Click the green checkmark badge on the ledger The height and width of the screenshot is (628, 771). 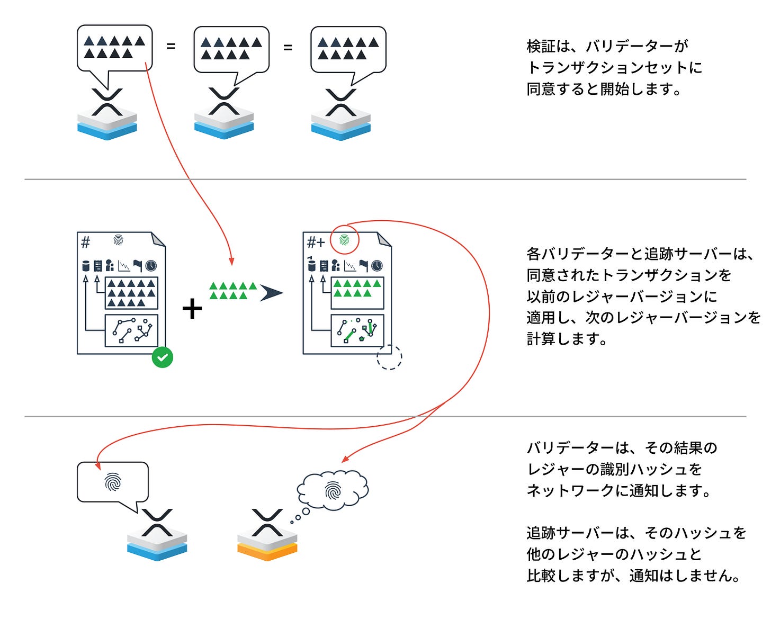(163, 357)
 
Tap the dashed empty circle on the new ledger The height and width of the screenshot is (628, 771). (389, 357)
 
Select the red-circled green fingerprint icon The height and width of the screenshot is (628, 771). (345, 241)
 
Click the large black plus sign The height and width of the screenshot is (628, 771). (192, 309)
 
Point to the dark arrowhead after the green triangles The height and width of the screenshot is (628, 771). (271, 293)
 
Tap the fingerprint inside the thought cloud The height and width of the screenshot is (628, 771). (333, 490)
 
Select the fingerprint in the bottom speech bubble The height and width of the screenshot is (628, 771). (113, 482)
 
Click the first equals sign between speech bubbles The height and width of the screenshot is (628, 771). (171, 47)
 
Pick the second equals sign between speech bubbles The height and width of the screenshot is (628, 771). (288, 48)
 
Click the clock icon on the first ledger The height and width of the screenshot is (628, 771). (151, 265)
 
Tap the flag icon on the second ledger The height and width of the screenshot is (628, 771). (363, 265)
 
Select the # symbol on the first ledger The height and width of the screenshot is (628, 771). (86, 243)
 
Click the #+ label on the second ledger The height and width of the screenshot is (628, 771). (316, 243)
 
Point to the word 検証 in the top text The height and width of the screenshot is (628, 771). (540, 47)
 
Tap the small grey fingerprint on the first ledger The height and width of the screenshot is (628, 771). (118, 240)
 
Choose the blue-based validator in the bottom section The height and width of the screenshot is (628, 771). (157, 535)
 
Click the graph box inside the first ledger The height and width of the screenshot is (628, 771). (131, 329)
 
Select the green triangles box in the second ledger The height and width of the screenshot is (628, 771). (357, 292)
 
